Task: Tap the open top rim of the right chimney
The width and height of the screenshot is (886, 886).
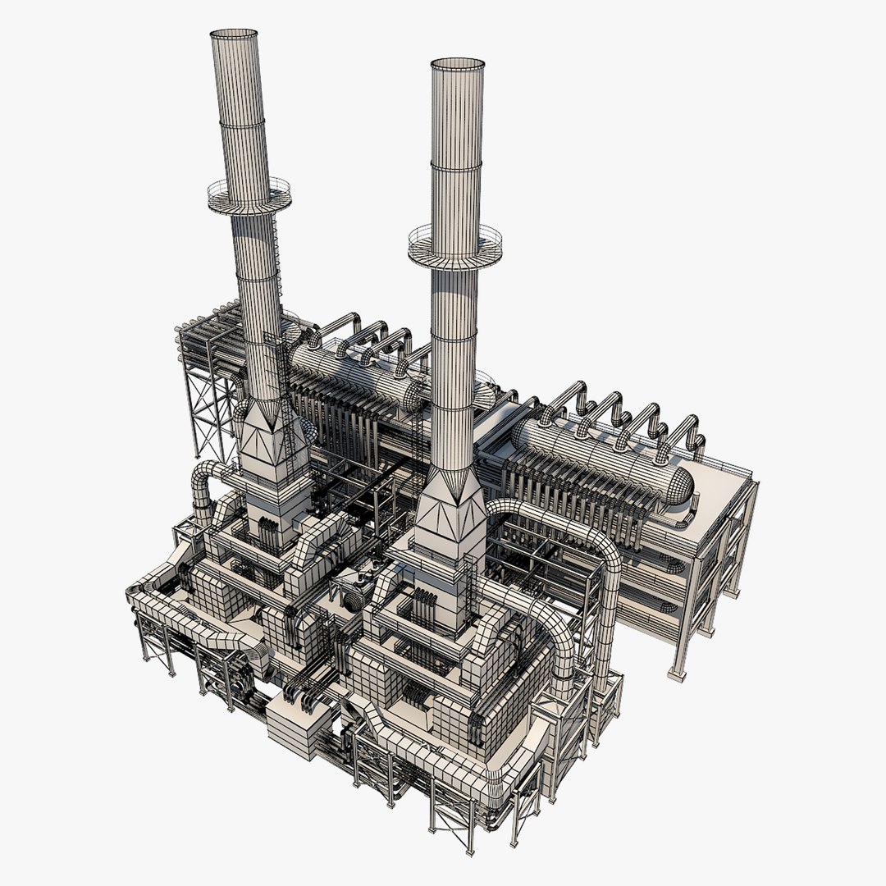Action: (457, 64)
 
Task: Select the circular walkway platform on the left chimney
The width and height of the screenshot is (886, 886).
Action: (249, 197)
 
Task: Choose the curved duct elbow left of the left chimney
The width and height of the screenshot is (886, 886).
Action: (205, 484)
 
